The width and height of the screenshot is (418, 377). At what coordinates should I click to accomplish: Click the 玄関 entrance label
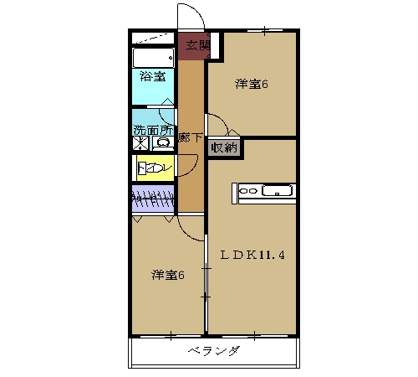pos(197,45)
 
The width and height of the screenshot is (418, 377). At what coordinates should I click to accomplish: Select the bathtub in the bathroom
pos(152,57)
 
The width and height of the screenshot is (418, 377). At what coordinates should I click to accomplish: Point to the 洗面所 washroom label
pos(152,131)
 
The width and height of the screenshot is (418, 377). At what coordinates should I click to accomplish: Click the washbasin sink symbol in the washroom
pos(163,143)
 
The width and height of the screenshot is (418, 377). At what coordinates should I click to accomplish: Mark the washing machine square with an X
pos(140,143)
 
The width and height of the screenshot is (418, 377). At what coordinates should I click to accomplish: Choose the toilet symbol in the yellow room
pos(151,168)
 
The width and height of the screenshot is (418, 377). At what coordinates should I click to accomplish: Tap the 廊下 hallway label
pos(191,137)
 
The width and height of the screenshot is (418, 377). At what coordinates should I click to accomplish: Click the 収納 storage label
pos(223,148)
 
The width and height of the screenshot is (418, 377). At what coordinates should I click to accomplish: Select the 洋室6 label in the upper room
pos(251,84)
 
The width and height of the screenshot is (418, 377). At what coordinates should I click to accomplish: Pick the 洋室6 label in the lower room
pos(167,275)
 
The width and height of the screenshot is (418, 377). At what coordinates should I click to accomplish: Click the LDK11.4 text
pos(252,255)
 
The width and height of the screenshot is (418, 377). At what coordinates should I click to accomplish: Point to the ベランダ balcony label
pos(213,351)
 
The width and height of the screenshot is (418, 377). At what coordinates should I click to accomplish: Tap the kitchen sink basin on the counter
pos(275,191)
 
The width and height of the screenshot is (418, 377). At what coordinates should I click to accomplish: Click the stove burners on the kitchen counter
pos(248,191)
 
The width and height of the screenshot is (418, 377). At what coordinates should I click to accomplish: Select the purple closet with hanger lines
pos(153,201)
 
